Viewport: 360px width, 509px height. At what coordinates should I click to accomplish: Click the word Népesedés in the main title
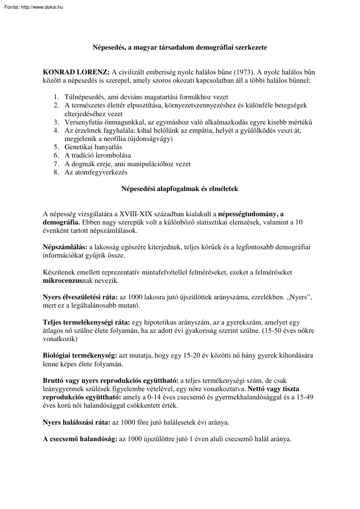[108, 47]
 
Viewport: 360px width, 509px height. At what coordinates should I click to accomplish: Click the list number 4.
[56, 130]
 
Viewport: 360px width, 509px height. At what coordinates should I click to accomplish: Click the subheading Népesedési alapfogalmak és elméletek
[179, 189]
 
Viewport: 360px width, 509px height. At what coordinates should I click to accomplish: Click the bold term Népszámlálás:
[65, 247]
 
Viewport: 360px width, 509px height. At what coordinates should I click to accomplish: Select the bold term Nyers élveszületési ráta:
[80, 297]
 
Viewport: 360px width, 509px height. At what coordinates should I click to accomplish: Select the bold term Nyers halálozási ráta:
[77, 422]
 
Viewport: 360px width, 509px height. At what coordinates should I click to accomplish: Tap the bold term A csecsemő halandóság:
[80, 439]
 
